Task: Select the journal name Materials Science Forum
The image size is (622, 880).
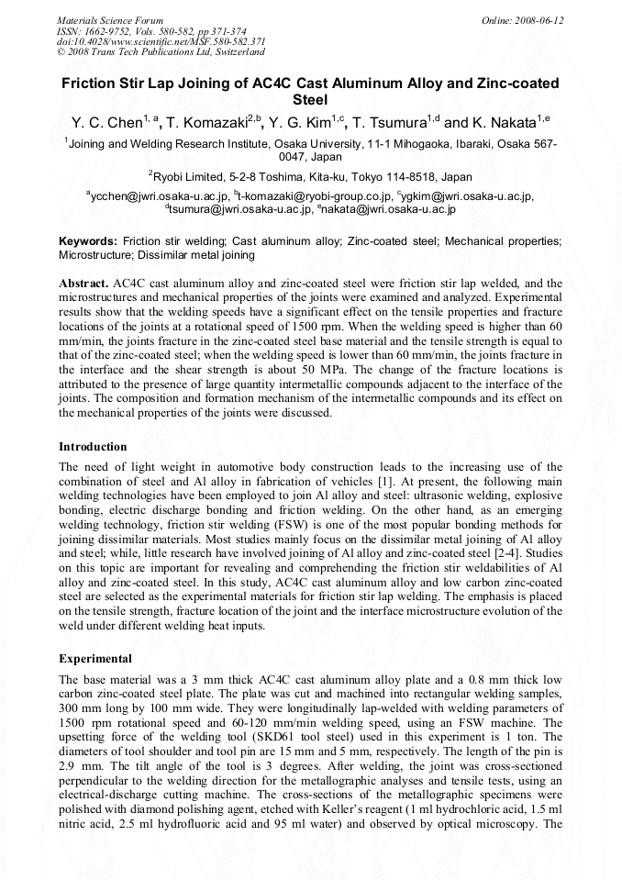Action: click(109, 20)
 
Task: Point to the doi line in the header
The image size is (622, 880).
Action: click(161, 41)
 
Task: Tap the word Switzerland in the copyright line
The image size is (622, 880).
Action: click(235, 52)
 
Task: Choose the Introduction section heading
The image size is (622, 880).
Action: click(93, 447)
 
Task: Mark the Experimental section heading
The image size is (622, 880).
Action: click(95, 659)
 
